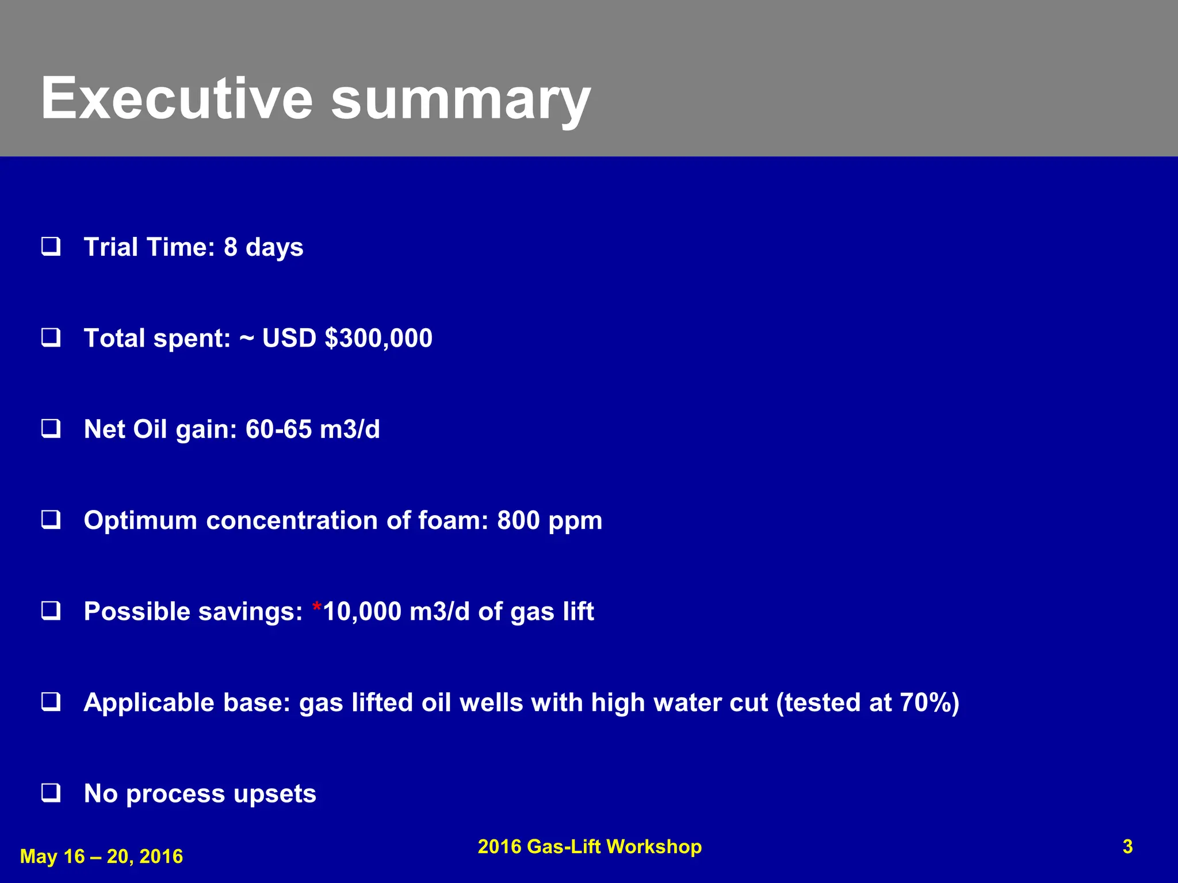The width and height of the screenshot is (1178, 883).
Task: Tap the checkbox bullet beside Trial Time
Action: click(51, 247)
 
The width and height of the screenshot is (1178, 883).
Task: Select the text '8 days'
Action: click(263, 247)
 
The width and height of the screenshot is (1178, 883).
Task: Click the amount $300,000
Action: click(378, 338)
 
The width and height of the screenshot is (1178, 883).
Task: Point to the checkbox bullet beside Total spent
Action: click(51, 337)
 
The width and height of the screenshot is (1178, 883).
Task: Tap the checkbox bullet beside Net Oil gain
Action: click(51, 429)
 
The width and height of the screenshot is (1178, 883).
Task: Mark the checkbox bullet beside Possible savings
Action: click(51, 611)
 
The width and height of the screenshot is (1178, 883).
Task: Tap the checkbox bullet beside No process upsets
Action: click(51, 793)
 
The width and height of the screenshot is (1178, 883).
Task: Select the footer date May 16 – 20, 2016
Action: click(101, 857)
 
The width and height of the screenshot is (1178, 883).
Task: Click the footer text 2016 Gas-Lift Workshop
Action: click(590, 847)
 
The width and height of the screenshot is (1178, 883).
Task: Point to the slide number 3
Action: click(1127, 847)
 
